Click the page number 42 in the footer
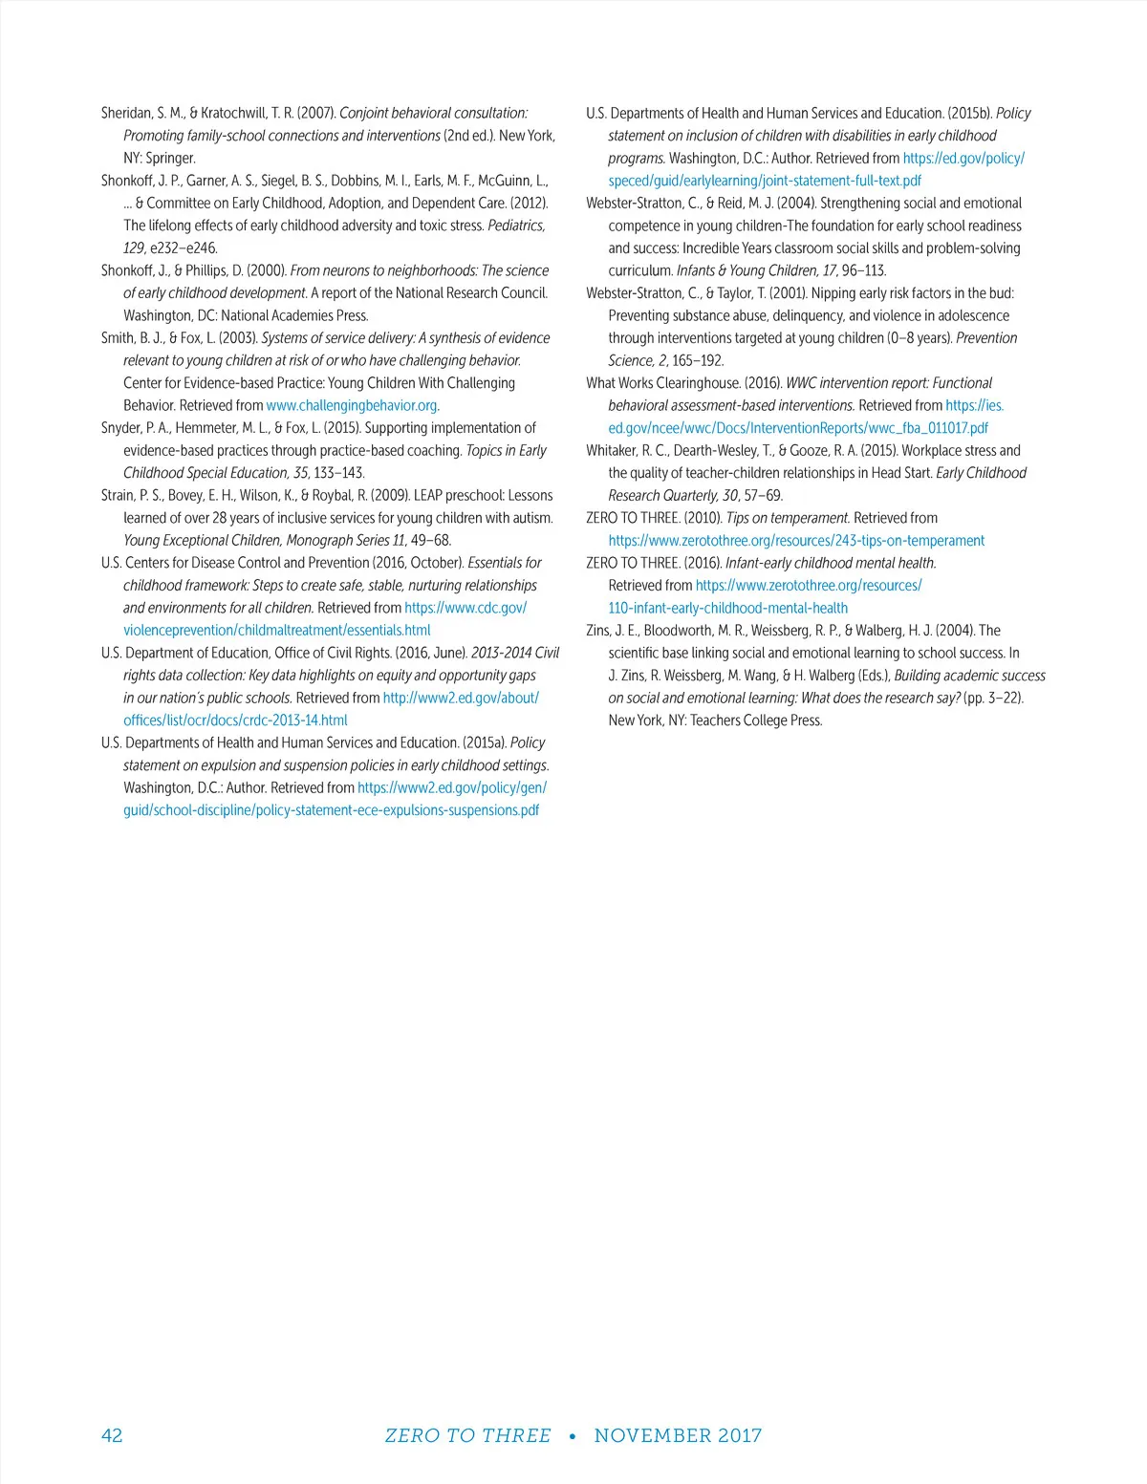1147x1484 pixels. tap(112, 1435)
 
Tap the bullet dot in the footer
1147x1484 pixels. tap(572, 1436)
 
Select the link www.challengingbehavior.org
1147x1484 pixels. tap(351, 405)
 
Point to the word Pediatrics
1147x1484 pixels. tap(515, 226)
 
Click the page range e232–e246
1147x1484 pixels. tap(184, 248)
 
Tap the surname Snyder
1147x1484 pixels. tap(120, 428)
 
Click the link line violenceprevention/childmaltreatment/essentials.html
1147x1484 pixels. tap(276, 631)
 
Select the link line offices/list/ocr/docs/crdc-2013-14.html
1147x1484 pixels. tap(235, 720)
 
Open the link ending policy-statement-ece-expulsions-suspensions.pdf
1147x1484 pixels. tap(331, 810)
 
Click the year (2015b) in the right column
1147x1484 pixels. tap(969, 113)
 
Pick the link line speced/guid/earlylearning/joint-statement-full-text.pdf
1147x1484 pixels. tap(765, 181)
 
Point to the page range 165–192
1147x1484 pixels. tap(698, 361)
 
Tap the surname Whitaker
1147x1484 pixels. tap(611, 450)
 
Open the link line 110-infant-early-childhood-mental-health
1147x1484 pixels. tap(727, 608)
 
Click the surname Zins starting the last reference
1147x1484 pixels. tap(599, 631)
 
